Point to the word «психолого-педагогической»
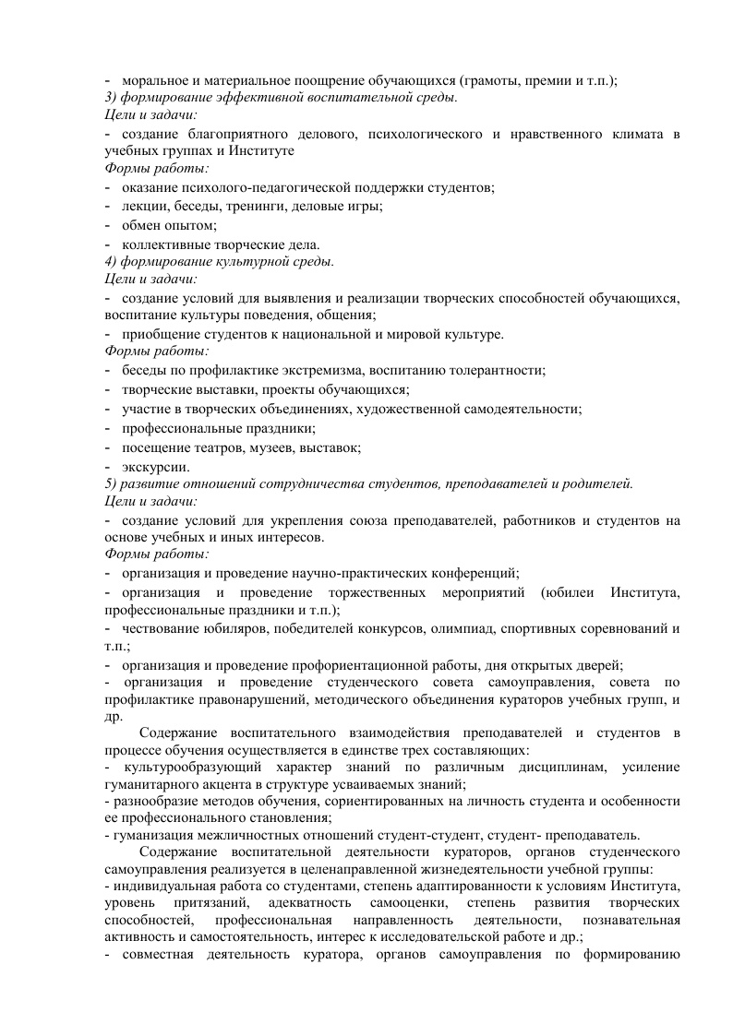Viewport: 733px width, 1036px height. pyautogui.click(x=261, y=188)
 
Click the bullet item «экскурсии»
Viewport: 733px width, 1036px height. pyautogui.click(x=155, y=466)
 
